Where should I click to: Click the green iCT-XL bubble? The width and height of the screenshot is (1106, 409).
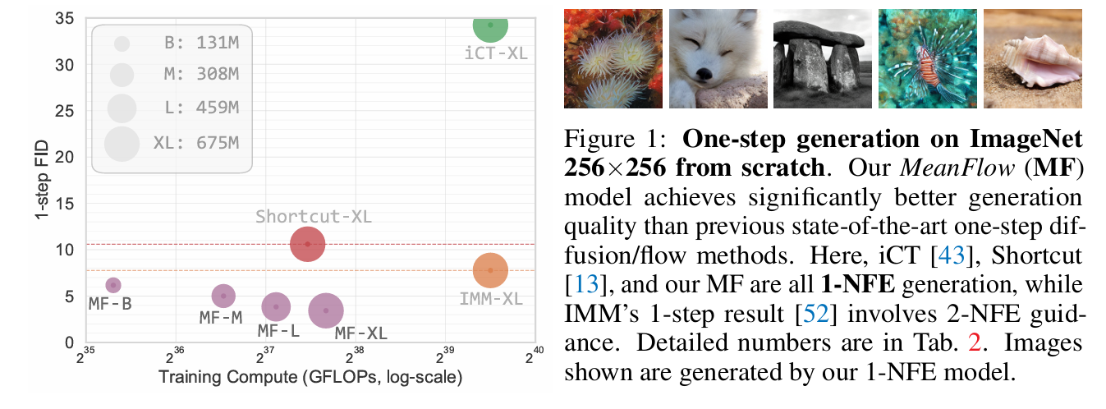490,25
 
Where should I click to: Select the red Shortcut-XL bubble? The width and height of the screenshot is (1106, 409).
308,244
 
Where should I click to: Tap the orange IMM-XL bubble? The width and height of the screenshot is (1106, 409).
490,269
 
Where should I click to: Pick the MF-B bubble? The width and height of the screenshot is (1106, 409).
113,285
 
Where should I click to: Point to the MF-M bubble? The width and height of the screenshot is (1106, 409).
223,296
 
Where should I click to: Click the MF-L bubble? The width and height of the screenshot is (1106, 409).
277,306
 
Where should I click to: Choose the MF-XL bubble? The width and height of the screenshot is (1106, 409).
326,310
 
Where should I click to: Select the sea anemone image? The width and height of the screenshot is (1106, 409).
612,58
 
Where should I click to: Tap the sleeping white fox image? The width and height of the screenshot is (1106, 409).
716,58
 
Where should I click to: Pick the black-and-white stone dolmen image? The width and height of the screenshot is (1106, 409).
820,58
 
